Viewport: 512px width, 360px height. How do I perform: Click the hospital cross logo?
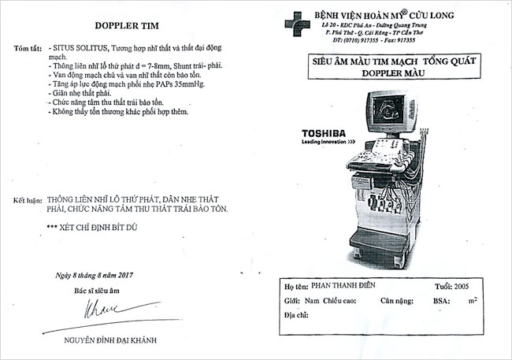click(294, 21)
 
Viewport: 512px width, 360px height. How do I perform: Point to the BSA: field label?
click(443, 301)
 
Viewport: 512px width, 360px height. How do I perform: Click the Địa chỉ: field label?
click(296, 315)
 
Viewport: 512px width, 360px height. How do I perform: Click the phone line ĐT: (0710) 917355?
click(358, 39)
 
